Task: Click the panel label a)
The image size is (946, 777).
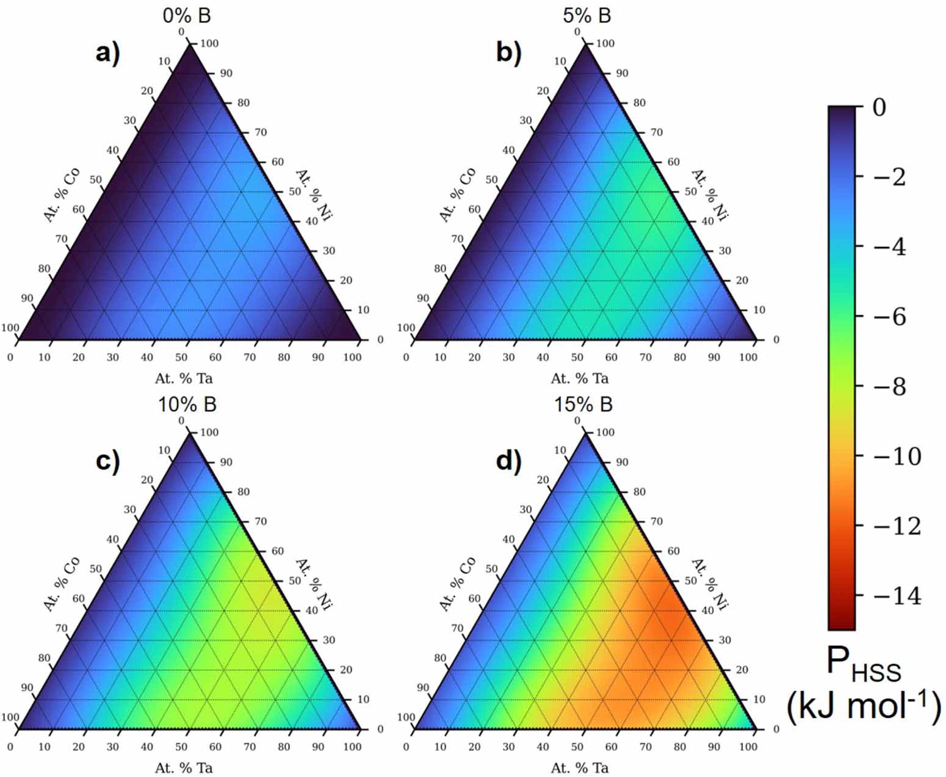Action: point(108,54)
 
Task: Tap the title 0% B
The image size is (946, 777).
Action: point(187,16)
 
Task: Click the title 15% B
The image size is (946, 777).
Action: point(583,404)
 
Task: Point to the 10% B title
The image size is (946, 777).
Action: point(187,404)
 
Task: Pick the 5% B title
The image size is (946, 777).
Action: point(586,16)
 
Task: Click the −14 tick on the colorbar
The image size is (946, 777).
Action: point(897,596)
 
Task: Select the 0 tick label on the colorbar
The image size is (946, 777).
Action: point(879,107)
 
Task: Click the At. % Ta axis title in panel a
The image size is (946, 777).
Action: point(184,378)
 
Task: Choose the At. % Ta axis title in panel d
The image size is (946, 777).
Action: point(579,767)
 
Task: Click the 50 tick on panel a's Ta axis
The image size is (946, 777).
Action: point(181,357)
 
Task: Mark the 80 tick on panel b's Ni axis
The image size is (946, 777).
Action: point(639,102)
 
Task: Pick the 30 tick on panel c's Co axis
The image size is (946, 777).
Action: point(130,510)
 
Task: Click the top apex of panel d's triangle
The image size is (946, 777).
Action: point(585,434)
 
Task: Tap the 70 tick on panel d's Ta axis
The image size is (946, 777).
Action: point(646,747)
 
